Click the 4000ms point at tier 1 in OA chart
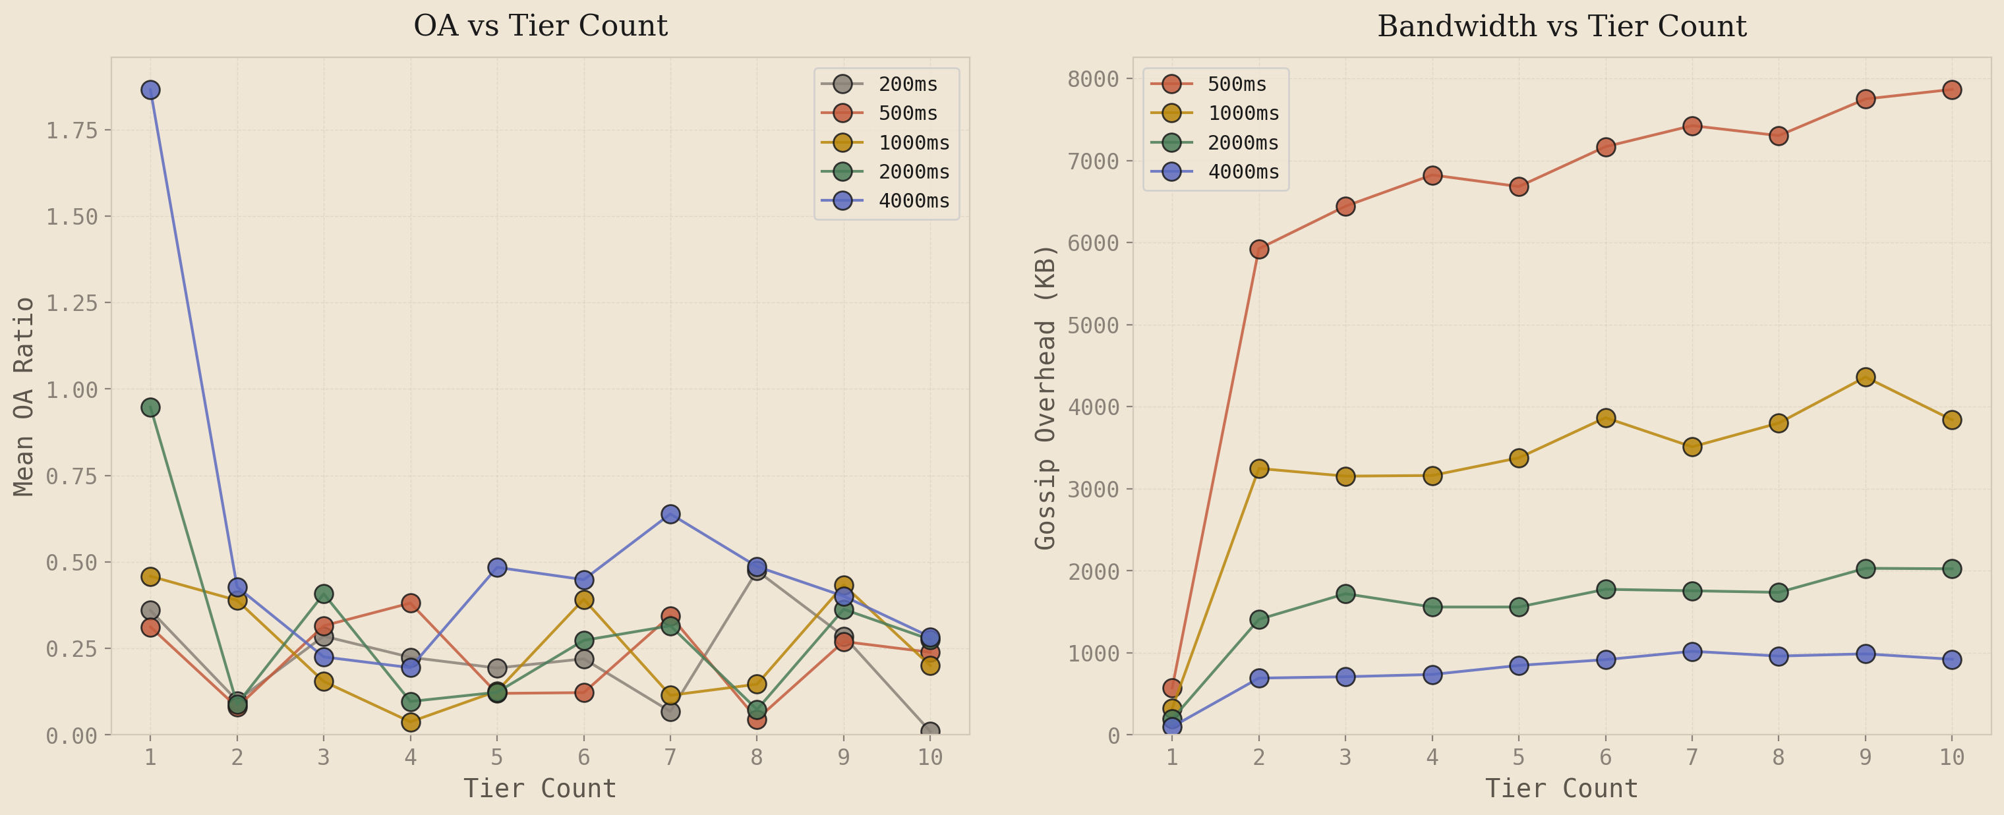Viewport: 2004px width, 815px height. click(150, 90)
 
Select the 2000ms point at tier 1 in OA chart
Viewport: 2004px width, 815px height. click(150, 407)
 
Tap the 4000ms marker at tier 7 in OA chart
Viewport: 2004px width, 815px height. click(670, 514)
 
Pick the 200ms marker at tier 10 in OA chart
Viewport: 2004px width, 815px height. click(929, 732)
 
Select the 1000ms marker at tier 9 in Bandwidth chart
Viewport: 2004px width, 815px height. click(1866, 377)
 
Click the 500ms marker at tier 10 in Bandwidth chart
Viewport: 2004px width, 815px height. click(1952, 90)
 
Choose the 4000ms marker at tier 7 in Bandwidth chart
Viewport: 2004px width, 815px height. click(1692, 652)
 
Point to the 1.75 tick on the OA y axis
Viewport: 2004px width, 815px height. click(72, 130)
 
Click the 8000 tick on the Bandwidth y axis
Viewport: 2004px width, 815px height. click(1092, 79)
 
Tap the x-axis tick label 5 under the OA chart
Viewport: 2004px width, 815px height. click(497, 756)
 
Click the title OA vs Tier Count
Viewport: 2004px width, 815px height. click(540, 26)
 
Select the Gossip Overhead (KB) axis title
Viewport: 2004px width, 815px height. click(1046, 397)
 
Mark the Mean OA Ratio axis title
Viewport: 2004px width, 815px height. click(25, 397)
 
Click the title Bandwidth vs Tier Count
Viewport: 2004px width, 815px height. click(1562, 26)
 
